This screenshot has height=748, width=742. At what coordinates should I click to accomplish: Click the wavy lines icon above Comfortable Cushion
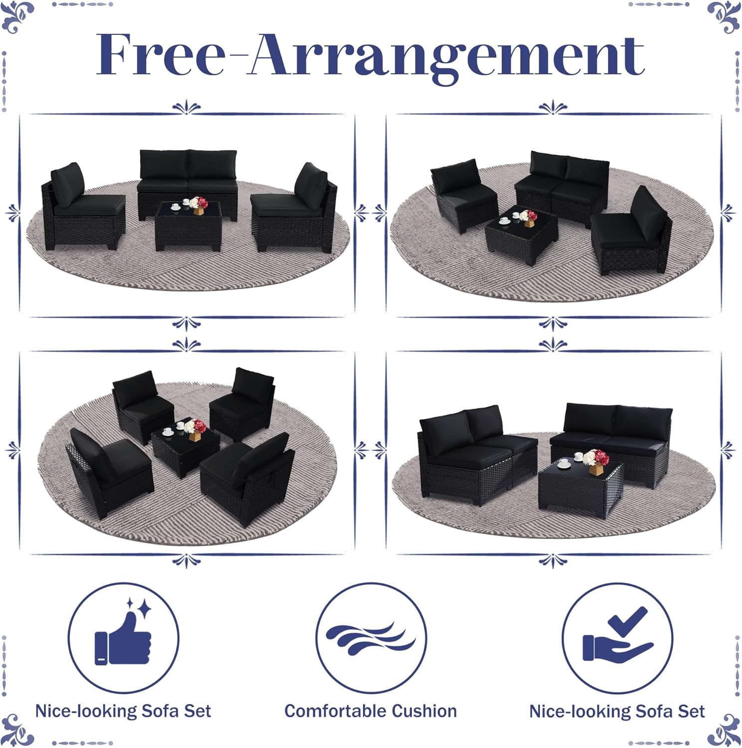371,638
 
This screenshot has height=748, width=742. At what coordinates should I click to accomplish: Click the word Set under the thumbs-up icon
197,711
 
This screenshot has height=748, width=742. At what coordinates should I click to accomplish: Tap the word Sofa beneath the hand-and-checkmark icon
655,711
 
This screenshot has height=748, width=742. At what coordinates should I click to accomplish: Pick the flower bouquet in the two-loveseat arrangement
595,461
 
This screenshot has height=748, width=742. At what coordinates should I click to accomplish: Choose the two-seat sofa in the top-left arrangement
188,184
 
